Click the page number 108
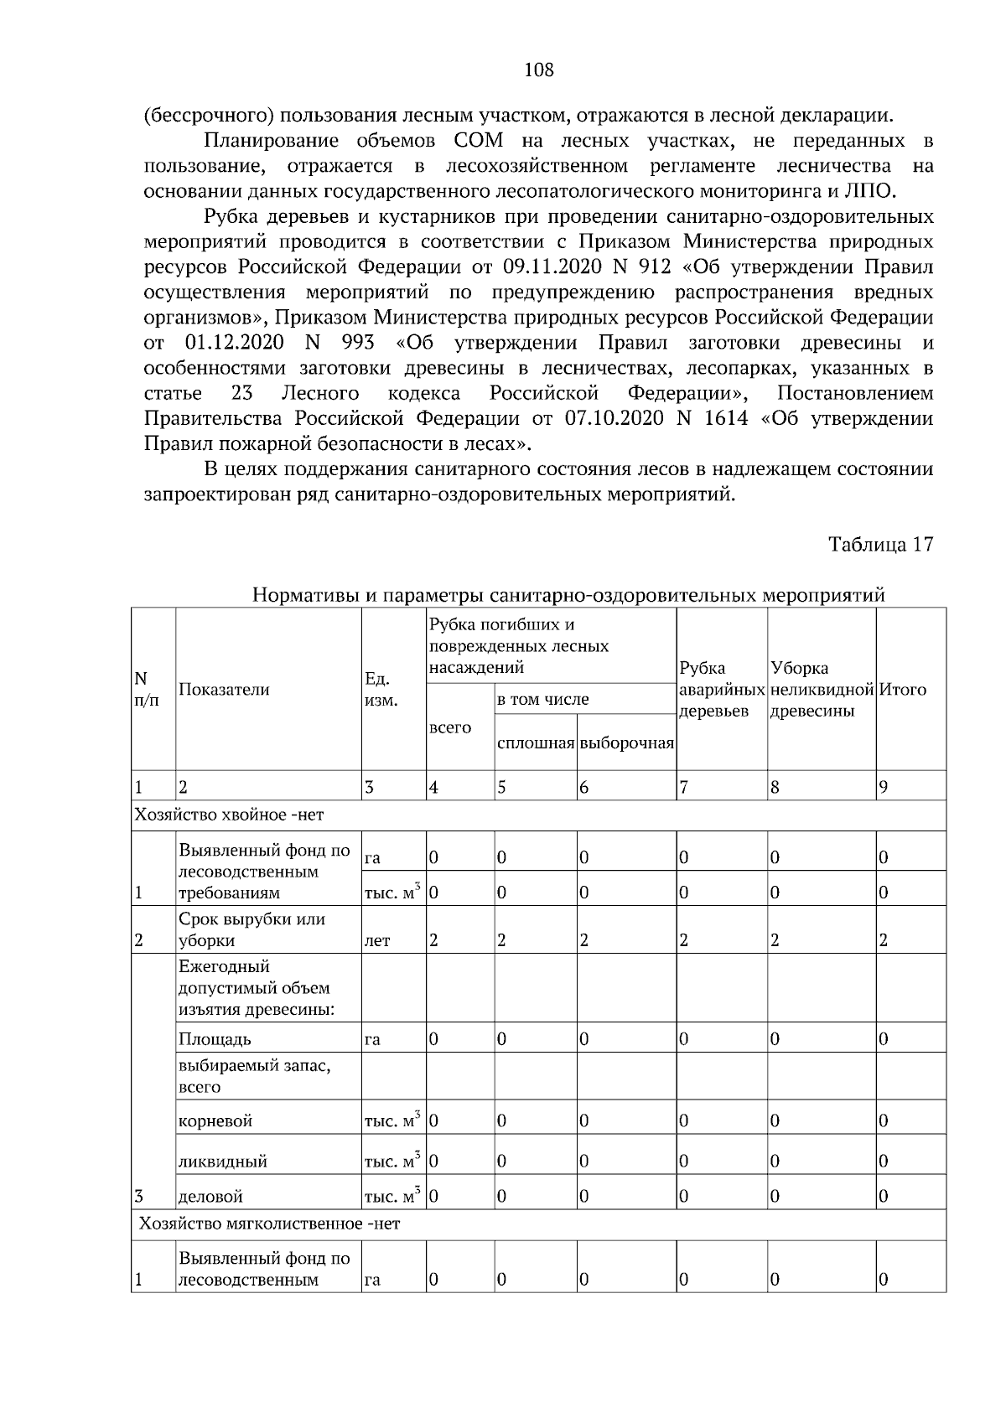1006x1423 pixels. (x=538, y=70)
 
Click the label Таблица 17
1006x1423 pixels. (x=880, y=545)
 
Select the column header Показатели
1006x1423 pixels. (x=224, y=690)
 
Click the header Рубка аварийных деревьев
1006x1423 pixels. (x=721, y=690)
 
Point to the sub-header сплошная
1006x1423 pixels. (x=535, y=743)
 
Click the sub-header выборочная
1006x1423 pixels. (x=626, y=743)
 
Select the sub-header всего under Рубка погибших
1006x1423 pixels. (x=449, y=727)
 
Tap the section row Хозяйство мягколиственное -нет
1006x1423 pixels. (x=269, y=1224)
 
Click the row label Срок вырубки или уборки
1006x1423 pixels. (x=251, y=929)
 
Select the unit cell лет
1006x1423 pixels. (x=377, y=941)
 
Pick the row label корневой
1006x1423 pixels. (x=215, y=1121)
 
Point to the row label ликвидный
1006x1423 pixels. (x=222, y=1162)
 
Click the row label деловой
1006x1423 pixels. (x=210, y=1197)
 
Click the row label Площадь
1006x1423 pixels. (x=215, y=1040)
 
